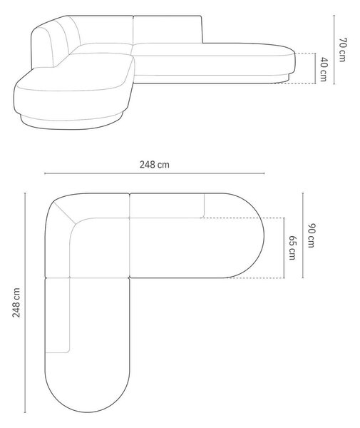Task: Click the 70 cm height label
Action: pyautogui.click(x=343, y=50)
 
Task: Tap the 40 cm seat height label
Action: pyautogui.click(x=324, y=69)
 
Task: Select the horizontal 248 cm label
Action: pyautogui.click(x=155, y=165)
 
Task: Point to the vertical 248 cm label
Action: pyautogui.click(x=16, y=302)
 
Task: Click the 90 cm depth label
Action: pyautogui.click(x=312, y=235)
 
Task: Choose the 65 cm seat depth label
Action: pyautogui.click(x=292, y=248)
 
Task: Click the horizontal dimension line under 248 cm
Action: pyautogui.click(x=155, y=173)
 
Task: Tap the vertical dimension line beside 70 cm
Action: pyautogui.click(x=334, y=50)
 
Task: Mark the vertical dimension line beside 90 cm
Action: pyautogui.click(x=303, y=235)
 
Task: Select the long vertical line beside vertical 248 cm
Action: pyautogui.click(x=25, y=302)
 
